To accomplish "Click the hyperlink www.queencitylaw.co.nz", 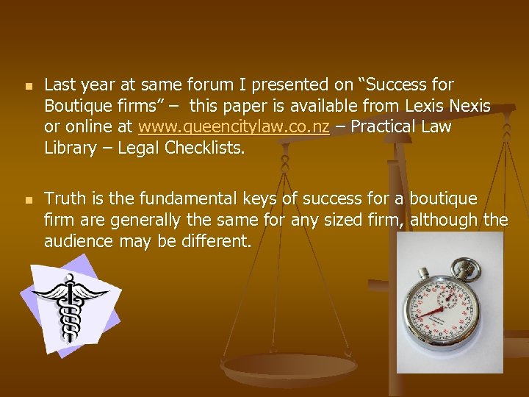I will click(234, 126).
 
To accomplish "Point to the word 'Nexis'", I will click(469, 106).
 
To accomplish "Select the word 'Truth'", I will click(65, 199).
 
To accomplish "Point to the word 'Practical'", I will click(383, 126).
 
